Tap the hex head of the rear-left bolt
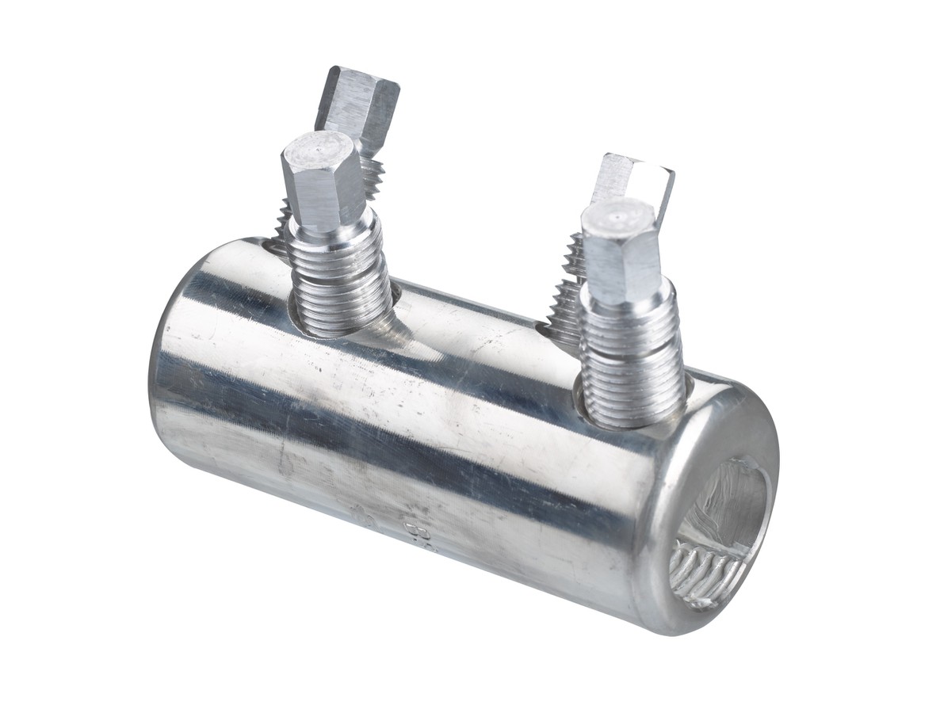point(358,103)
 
